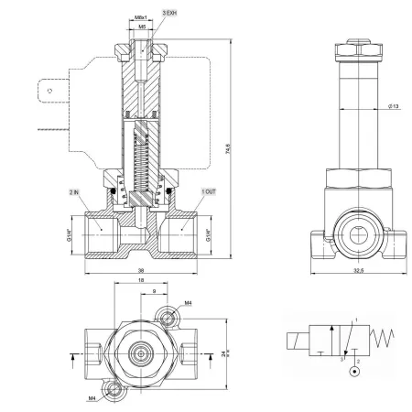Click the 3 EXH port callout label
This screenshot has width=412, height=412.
[x=169, y=13]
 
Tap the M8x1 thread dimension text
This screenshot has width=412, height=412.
[x=141, y=18]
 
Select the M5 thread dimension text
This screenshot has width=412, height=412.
[x=142, y=27]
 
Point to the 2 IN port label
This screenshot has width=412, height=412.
[x=74, y=192]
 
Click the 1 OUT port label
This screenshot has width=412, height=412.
[x=209, y=191]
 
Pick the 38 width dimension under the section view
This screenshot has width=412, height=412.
[x=141, y=270]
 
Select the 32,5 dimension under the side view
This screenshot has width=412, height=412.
[x=359, y=270]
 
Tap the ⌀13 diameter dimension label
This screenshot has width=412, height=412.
[x=394, y=106]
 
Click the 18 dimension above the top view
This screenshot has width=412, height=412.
[x=141, y=280]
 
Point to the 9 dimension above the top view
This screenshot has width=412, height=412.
[x=154, y=291]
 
